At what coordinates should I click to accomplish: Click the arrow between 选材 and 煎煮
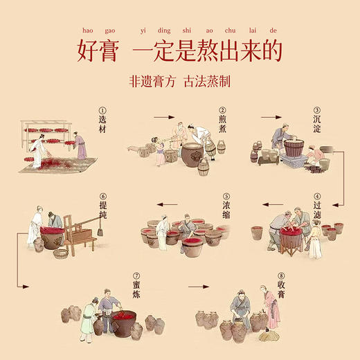(x=163, y=118)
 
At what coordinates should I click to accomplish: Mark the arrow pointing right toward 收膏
(x=208, y=285)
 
